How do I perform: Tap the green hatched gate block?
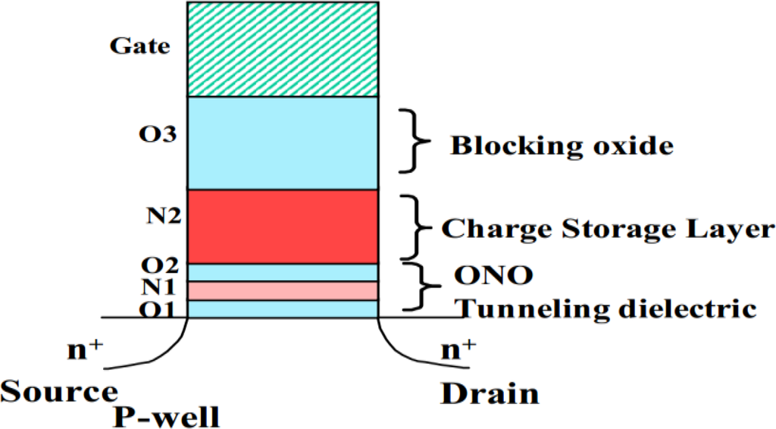point(283,49)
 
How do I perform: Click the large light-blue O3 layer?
point(283,142)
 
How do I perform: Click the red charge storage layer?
point(283,226)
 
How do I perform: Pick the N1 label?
point(158,288)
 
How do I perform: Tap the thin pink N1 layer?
point(283,290)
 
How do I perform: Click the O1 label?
point(158,309)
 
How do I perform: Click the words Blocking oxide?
point(562,146)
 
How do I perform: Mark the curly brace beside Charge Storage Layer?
point(412,227)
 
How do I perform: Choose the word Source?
point(58,392)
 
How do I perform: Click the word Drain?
point(490,393)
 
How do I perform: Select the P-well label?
point(167,416)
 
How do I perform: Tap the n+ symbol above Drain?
point(458,349)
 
